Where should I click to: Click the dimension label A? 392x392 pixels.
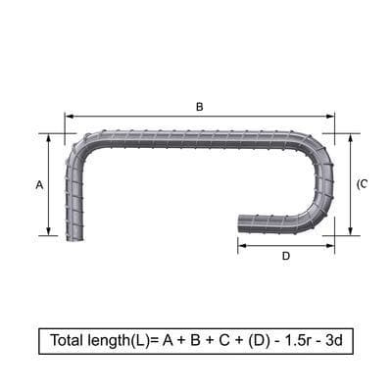pos(39,184)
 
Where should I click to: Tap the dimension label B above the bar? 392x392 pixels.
pos(199,106)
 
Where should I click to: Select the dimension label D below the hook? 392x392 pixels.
pos(285,257)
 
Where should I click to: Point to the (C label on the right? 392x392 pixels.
pos(362,184)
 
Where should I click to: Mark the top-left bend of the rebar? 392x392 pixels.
pos(80,145)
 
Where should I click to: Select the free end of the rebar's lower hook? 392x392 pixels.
pos(240,224)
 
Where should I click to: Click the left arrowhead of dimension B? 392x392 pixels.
pos(68,116)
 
